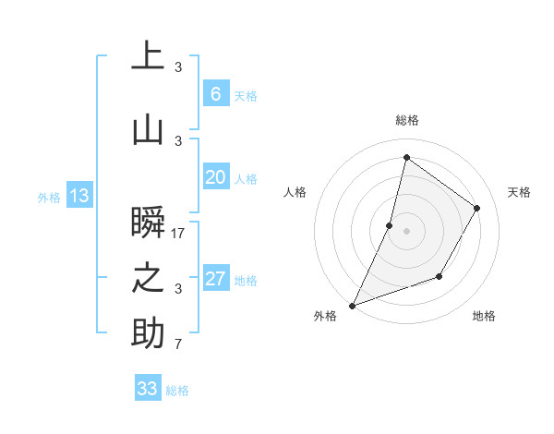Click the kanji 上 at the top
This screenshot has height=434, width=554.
click(148, 56)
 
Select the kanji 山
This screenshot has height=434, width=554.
click(148, 130)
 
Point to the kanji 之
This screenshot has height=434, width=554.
click(148, 278)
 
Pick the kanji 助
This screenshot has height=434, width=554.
click(148, 333)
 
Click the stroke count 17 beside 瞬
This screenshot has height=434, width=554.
click(178, 234)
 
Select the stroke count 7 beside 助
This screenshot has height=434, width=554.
click(178, 345)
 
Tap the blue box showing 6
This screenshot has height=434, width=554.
click(215, 94)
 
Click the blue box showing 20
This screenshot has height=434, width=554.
click(215, 177)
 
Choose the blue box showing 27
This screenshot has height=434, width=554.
click(215, 279)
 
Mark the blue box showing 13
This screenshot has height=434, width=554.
click(78, 196)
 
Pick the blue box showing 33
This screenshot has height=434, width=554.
click(147, 389)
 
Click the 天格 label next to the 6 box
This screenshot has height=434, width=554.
click(245, 96)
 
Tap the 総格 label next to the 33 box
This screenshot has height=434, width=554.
click(177, 391)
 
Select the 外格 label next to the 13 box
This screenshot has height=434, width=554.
click(49, 197)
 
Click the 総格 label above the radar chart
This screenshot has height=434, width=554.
click(406, 120)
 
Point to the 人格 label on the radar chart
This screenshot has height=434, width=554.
click(295, 192)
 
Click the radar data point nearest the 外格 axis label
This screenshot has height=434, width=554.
click(352, 305)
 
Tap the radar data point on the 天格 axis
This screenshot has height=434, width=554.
click(477, 208)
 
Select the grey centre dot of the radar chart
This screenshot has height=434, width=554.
click(406, 231)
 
